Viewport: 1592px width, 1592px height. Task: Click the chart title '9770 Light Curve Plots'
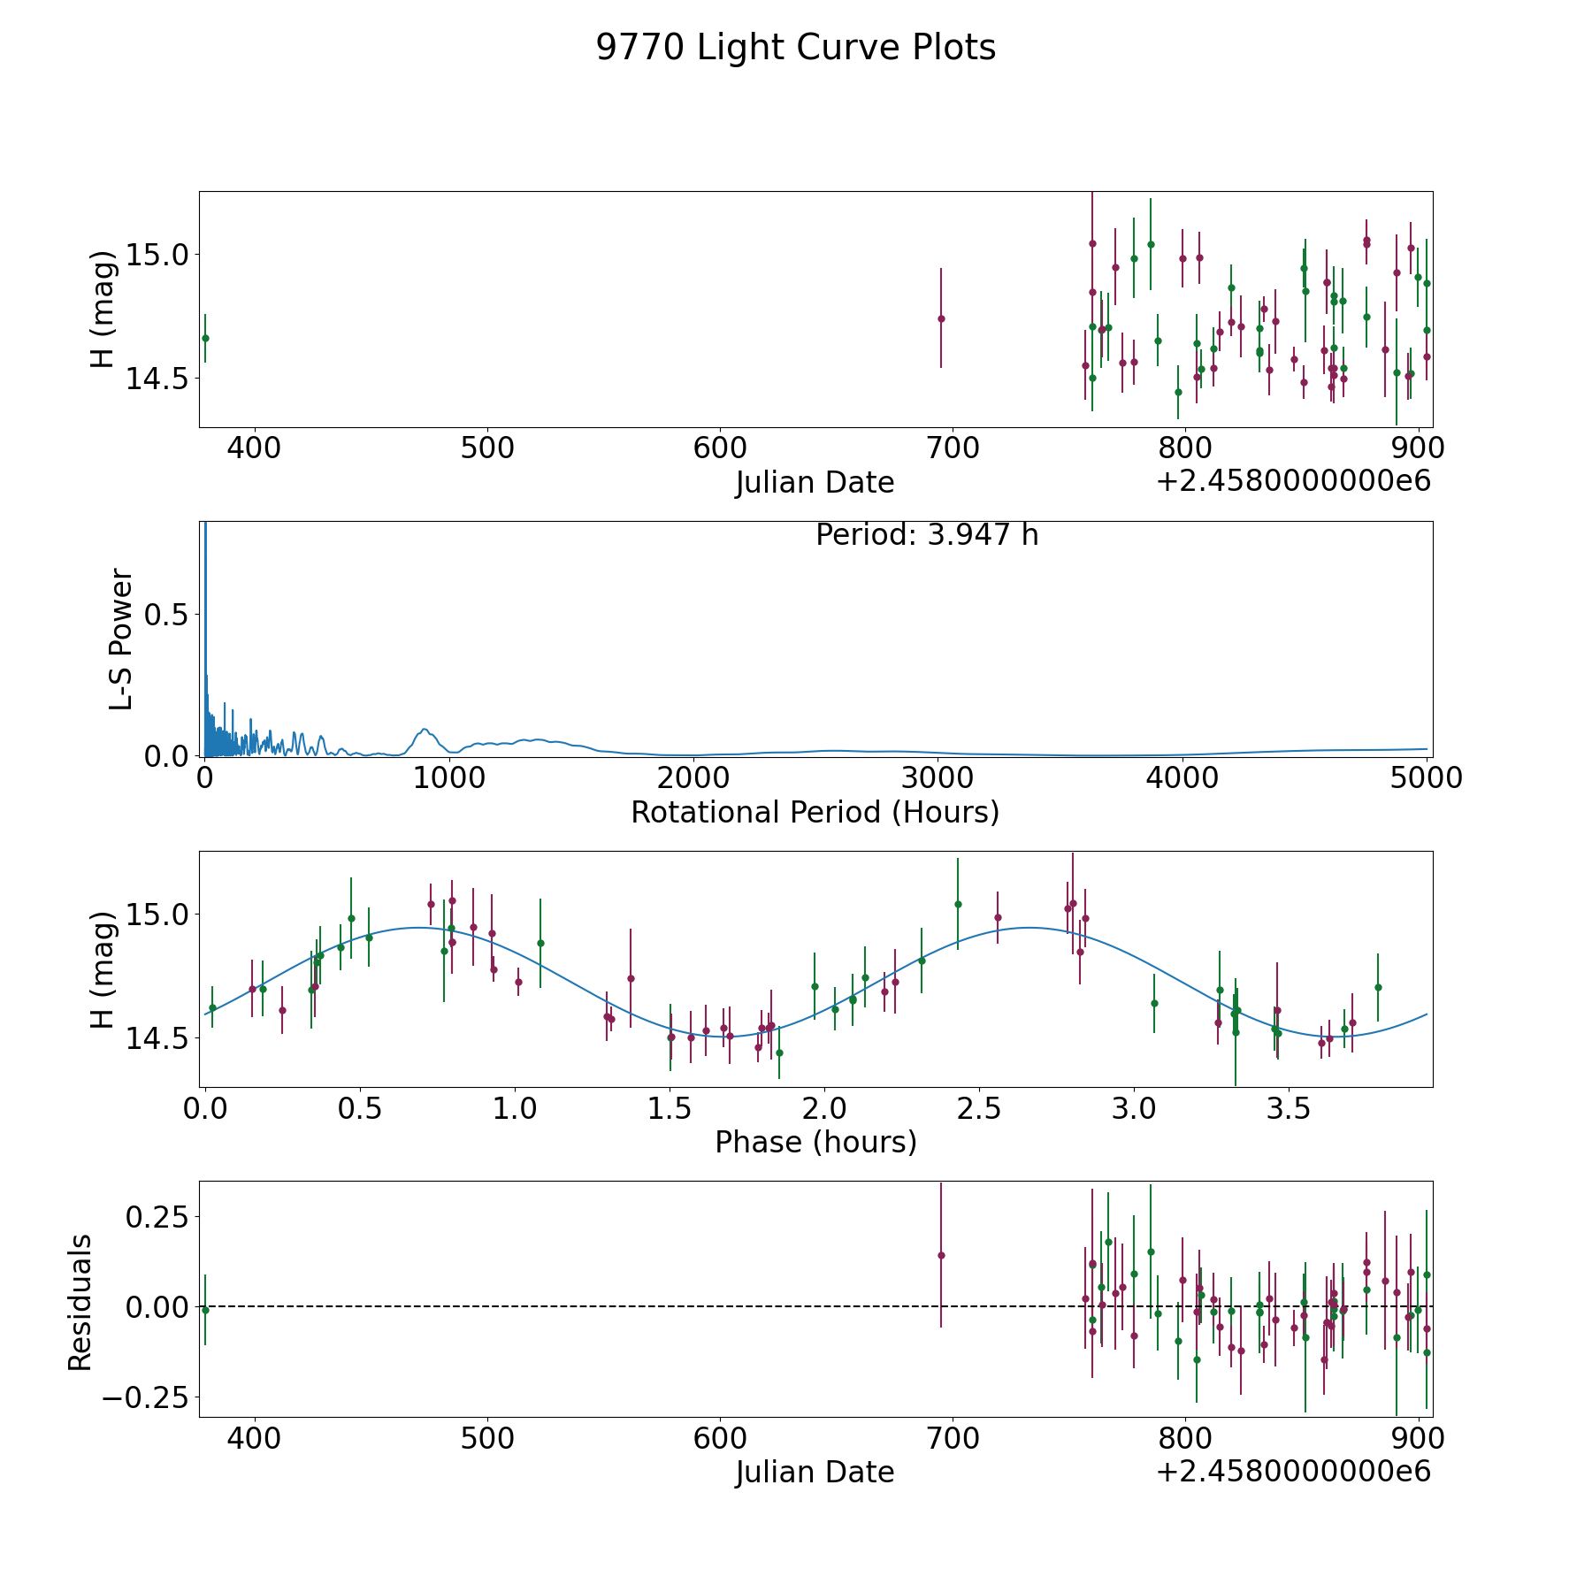coord(795,49)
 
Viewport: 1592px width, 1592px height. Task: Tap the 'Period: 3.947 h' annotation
coord(926,535)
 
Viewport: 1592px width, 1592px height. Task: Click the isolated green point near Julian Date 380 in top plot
coord(205,338)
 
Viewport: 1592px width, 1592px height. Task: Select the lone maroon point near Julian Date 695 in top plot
coord(941,318)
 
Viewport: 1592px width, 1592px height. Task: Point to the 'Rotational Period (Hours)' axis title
coord(815,812)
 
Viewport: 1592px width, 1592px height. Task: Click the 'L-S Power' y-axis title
coord(121,639)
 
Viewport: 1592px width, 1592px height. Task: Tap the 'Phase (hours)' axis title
coord(815,1143)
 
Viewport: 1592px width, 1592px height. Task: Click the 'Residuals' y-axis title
coord(80,1303)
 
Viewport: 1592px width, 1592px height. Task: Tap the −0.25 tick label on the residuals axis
coord(148,1398)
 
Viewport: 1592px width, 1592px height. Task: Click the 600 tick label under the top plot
coord(720,448)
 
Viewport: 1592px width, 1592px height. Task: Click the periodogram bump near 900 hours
coord(425,731)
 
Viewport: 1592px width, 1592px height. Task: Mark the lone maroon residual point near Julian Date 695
coord(941,1255)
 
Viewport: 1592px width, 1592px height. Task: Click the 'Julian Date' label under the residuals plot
coord(815,1473)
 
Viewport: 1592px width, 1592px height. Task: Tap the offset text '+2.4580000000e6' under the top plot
coord(1293,481)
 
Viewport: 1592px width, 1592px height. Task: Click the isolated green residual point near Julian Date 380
coord(205,1310)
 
